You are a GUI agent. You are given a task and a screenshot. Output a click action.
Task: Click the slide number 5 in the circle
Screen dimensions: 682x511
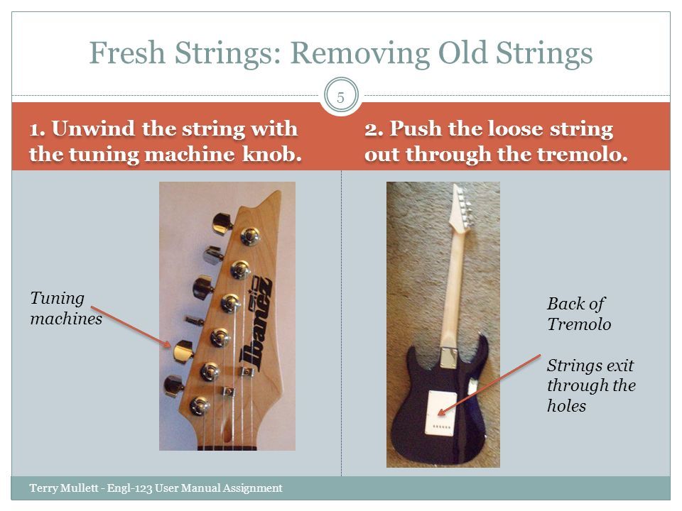click(340, 97)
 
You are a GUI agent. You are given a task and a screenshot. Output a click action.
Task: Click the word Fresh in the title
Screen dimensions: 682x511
click(127, 53)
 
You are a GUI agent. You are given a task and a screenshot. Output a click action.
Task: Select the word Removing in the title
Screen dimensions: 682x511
click(359, 54)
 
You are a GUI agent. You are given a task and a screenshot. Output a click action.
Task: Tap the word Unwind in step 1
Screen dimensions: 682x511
click(93, 128)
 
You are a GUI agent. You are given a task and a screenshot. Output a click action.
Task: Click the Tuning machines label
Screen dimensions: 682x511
click(66, 308)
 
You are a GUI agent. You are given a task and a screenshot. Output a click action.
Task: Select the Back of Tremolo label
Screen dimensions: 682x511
click(579, 314)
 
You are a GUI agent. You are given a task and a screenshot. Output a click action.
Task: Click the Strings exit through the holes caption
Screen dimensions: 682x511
click(591, 385)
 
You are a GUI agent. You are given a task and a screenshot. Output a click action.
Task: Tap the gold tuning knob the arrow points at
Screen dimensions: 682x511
click(183, 351)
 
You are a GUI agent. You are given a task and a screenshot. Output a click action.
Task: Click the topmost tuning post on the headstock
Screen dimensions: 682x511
click(249, 236)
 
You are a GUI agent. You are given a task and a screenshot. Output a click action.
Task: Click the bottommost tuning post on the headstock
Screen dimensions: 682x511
click(200, 406)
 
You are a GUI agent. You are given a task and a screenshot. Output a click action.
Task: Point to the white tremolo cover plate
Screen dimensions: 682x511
click(441, 412)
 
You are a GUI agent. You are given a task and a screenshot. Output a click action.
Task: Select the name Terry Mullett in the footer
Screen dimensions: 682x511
click(64, 488)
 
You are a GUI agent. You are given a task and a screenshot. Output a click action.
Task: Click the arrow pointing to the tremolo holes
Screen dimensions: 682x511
click(489, 385)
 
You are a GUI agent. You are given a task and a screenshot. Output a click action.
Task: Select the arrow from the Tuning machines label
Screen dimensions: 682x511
click(131, 326)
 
